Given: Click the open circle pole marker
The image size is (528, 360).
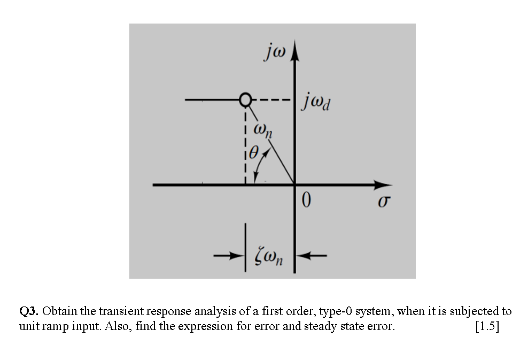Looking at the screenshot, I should click(x=245, y=99).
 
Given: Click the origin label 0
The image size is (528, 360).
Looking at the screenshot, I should click(x=306, y=201).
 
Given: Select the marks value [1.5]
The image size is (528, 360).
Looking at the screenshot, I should click(x=487, y=326).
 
